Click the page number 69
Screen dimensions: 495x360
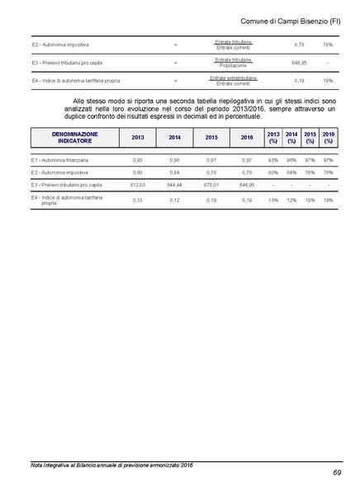pyautogui.click(x=336, y=473)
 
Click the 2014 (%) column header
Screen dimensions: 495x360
pyautogui.click(x=291, y=137)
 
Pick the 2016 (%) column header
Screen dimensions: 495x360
pyautogui.click(x=329, y=137)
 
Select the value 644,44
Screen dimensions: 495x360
pyautogui.click(x=173, y=186)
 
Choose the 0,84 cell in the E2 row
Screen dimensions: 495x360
pyautogui.click(x=173, y=172)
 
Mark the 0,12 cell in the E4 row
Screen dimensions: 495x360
pyautogui.click(x=173, y=200)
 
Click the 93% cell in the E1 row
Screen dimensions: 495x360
pyautogui.click(x=273, y=160)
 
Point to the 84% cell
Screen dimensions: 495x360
pyautogui.click(x=291, y=172)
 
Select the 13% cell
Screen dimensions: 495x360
pyautogui.click(x=273, y=200)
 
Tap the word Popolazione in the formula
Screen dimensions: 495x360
pyautogui.click(x=233, y=65)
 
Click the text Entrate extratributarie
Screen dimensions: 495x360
pyautogui.click(x=233, y=78)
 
